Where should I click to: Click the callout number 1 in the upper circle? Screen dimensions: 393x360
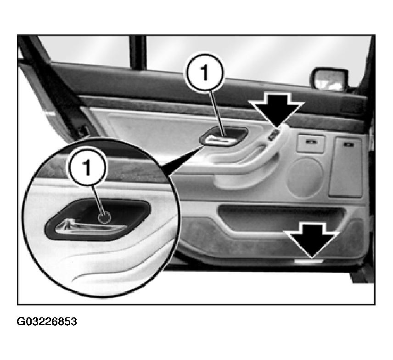click(205, 72)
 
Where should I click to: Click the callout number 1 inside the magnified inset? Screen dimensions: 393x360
click(86, 167)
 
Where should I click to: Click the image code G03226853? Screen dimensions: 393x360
click(47, 321)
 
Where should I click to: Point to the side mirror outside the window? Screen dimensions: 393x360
click(329, 79)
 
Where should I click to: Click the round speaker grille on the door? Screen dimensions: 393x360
click(305, 177)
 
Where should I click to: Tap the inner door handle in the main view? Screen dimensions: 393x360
click(223, 137)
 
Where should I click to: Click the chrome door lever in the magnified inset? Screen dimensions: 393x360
click(90, 226)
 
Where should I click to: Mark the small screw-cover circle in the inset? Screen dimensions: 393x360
click(104, 217)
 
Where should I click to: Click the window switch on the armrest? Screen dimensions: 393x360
click(273, 135)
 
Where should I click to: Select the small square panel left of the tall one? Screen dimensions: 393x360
click(311, 144)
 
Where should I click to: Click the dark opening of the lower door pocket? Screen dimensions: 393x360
click(278, 215)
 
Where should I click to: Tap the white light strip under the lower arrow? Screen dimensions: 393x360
click(309, 261)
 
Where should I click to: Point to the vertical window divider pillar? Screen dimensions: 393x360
click(137, 52)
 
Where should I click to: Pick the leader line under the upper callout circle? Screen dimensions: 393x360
click(217, 113)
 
